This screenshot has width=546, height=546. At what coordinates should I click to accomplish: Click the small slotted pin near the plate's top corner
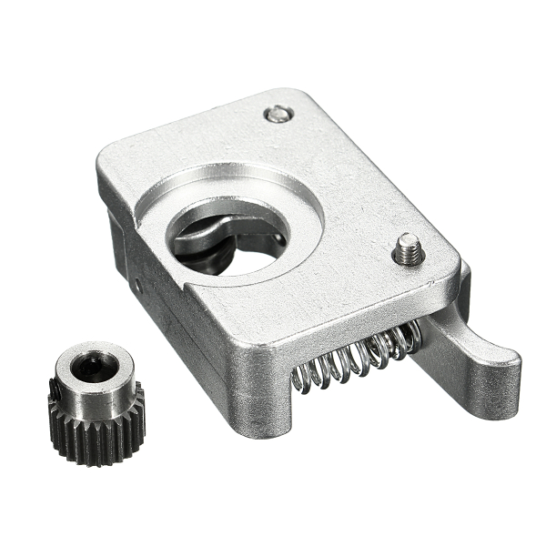[x=279, y=115]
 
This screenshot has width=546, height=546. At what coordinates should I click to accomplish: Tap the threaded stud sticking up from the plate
[x=409, y=248]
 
